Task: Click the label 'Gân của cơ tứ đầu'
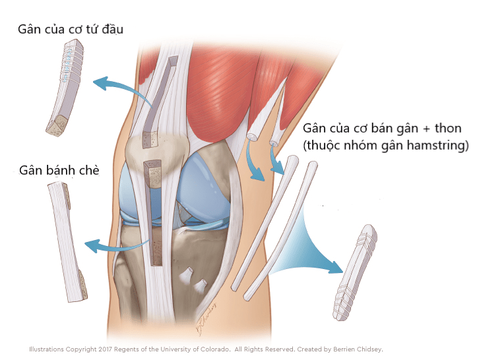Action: coord(71,30)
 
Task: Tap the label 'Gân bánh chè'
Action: coord(59,170)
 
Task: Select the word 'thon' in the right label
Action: coord(448,129)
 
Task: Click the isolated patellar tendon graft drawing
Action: coord(67,242)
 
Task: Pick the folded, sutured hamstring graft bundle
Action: coord(355,272)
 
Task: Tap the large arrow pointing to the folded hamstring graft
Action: coord(307,247)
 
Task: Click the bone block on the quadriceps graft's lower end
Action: coord(57,125)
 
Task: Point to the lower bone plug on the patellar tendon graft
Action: coord(82,285)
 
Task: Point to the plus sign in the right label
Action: coord(426,129)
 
